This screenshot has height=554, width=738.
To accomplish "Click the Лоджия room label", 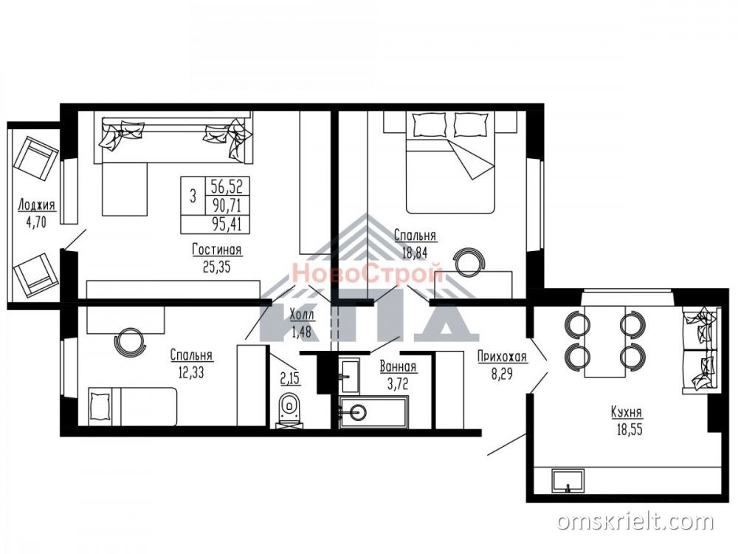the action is click(36, 205).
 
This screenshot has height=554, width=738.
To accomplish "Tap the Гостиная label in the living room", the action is click(217, 249).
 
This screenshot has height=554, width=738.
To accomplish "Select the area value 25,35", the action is click(217, 267).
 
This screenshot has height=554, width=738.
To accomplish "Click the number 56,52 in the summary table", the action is click(227, 187).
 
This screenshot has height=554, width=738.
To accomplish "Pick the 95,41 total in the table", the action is click(227, 225).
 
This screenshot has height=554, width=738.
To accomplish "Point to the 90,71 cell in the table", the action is click(227, 205).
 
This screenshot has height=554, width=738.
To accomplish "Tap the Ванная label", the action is click(398, 366).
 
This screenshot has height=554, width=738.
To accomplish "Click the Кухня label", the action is click(627, 412).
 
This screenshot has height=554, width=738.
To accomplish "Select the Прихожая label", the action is click(502, 357).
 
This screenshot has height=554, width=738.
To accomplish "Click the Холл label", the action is click(302, 314).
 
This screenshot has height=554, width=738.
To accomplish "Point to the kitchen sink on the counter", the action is click(568, 481).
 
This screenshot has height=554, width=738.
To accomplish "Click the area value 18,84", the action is click(415, 253).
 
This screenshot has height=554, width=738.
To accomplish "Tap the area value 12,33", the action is click(191, 373).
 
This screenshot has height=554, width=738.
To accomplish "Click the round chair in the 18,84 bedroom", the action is click(468, 263).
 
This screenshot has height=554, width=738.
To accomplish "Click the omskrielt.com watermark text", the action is click(635, 521).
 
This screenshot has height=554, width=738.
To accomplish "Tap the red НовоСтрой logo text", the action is click(367, 274).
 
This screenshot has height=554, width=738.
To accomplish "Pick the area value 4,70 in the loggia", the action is click(36, 222).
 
